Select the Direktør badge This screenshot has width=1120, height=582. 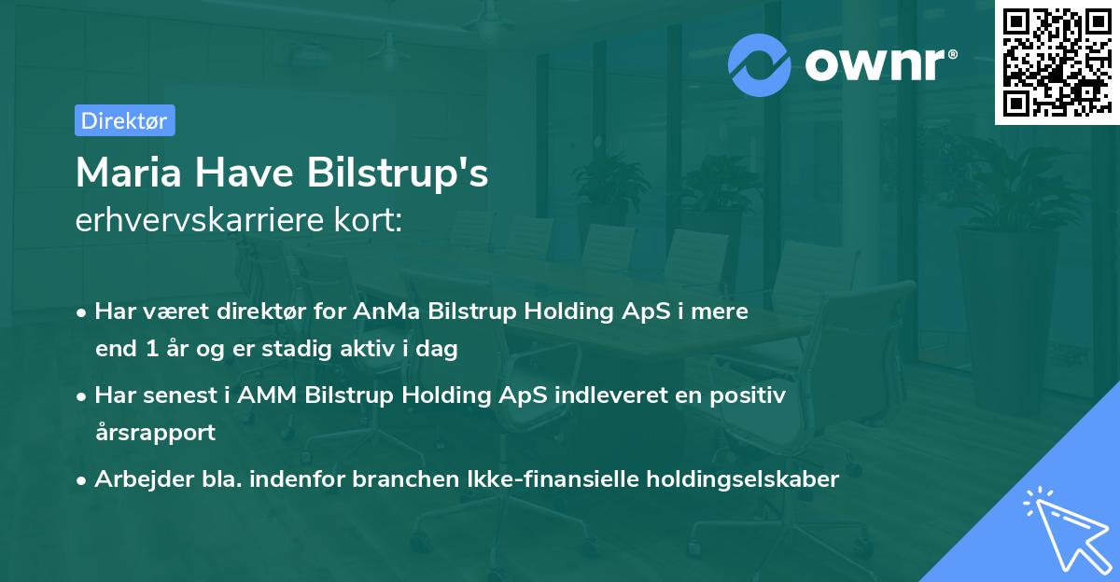pos(123,120)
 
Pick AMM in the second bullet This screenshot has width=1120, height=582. pos(270,395)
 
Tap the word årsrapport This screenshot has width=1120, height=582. pos(155,433)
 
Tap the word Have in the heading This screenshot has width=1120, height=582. pos(252,173)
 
